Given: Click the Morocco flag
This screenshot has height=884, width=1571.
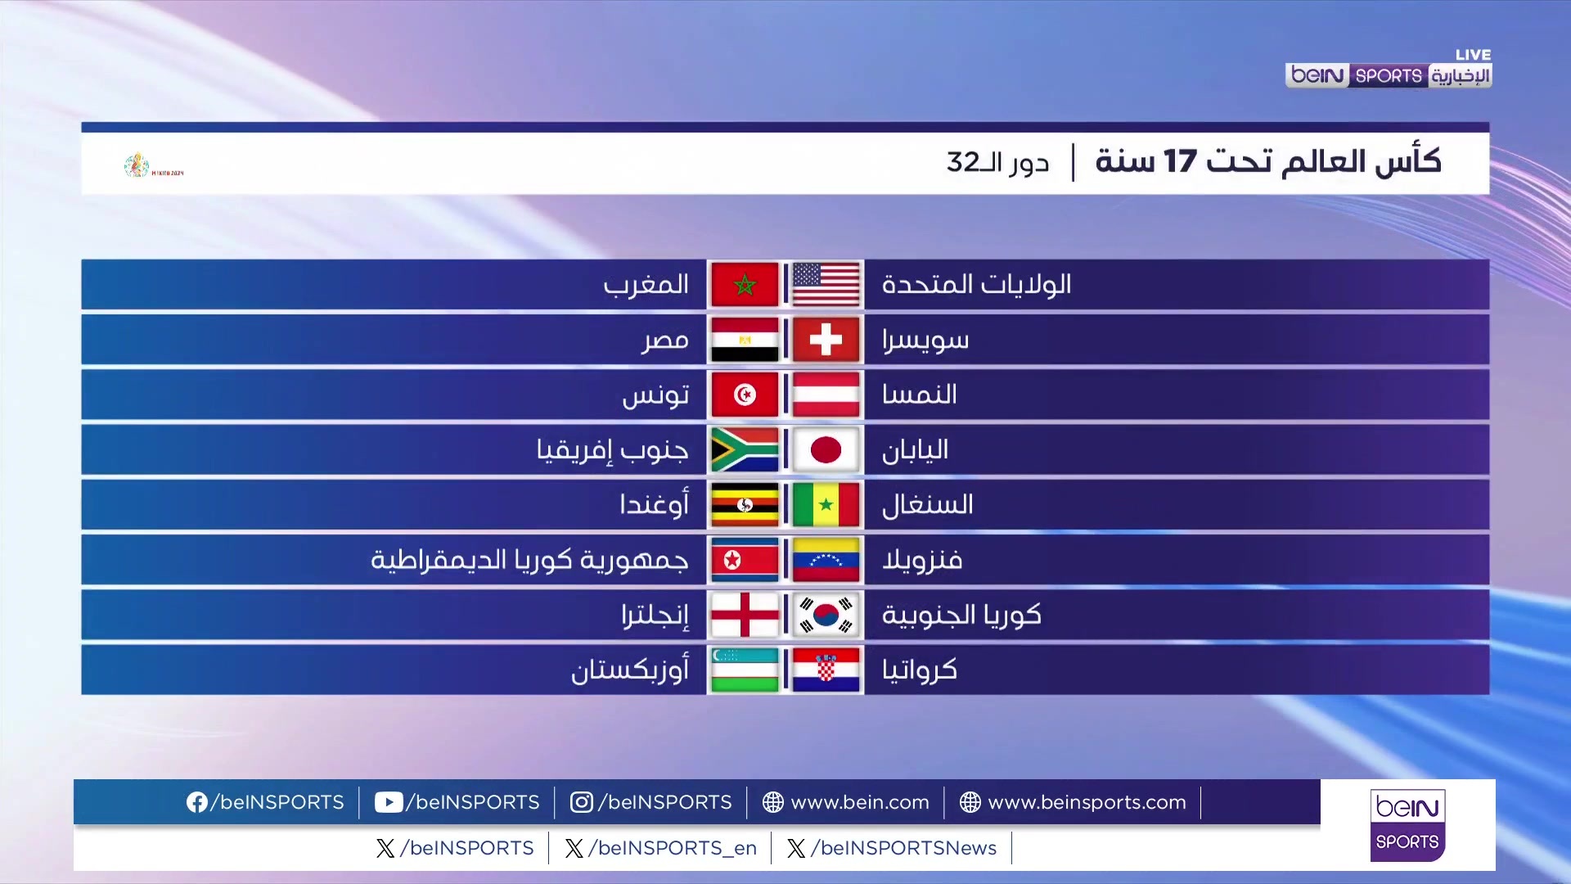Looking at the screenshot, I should click(x=745, y=285).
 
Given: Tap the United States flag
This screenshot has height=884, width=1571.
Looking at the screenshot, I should click(x=826, y=285).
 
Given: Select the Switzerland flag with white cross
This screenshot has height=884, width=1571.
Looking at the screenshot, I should click(x=826, y=340).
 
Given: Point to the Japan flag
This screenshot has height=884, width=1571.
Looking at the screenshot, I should click(x=826, y=449).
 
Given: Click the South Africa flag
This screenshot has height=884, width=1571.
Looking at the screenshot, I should click(x=745, y=449).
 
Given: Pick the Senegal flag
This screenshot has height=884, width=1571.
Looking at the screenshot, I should click(x=826, y=504).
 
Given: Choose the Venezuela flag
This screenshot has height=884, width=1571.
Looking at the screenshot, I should click(x=826, y=560).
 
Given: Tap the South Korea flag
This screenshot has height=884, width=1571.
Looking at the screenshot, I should click(x=826, y=615).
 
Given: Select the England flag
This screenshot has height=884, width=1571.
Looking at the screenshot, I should click(x=745, y=615).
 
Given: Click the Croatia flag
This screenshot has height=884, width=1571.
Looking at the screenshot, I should click(x=826, y=670).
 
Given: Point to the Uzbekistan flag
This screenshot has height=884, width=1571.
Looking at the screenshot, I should click(x=745, y=670).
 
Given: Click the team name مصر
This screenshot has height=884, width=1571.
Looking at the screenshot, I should click(x=664, y=340).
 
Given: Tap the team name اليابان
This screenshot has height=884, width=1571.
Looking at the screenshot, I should click(x=915, y=449).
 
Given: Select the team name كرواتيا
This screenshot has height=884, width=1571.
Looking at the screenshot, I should click(x=919, y=670).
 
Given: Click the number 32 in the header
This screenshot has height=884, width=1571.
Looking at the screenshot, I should click(x=963, y=161).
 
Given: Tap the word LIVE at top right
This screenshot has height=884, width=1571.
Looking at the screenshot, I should click(x=1473, y=55).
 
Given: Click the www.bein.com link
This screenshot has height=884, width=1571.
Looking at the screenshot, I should click(x=859, y=802).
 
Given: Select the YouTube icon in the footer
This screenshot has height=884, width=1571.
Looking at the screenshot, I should click(x=389, y=802).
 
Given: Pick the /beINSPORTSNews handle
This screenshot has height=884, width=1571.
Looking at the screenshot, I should click(x=903, y=848).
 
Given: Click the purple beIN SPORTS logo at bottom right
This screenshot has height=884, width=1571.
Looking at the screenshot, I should click(x=1407, y=825).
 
